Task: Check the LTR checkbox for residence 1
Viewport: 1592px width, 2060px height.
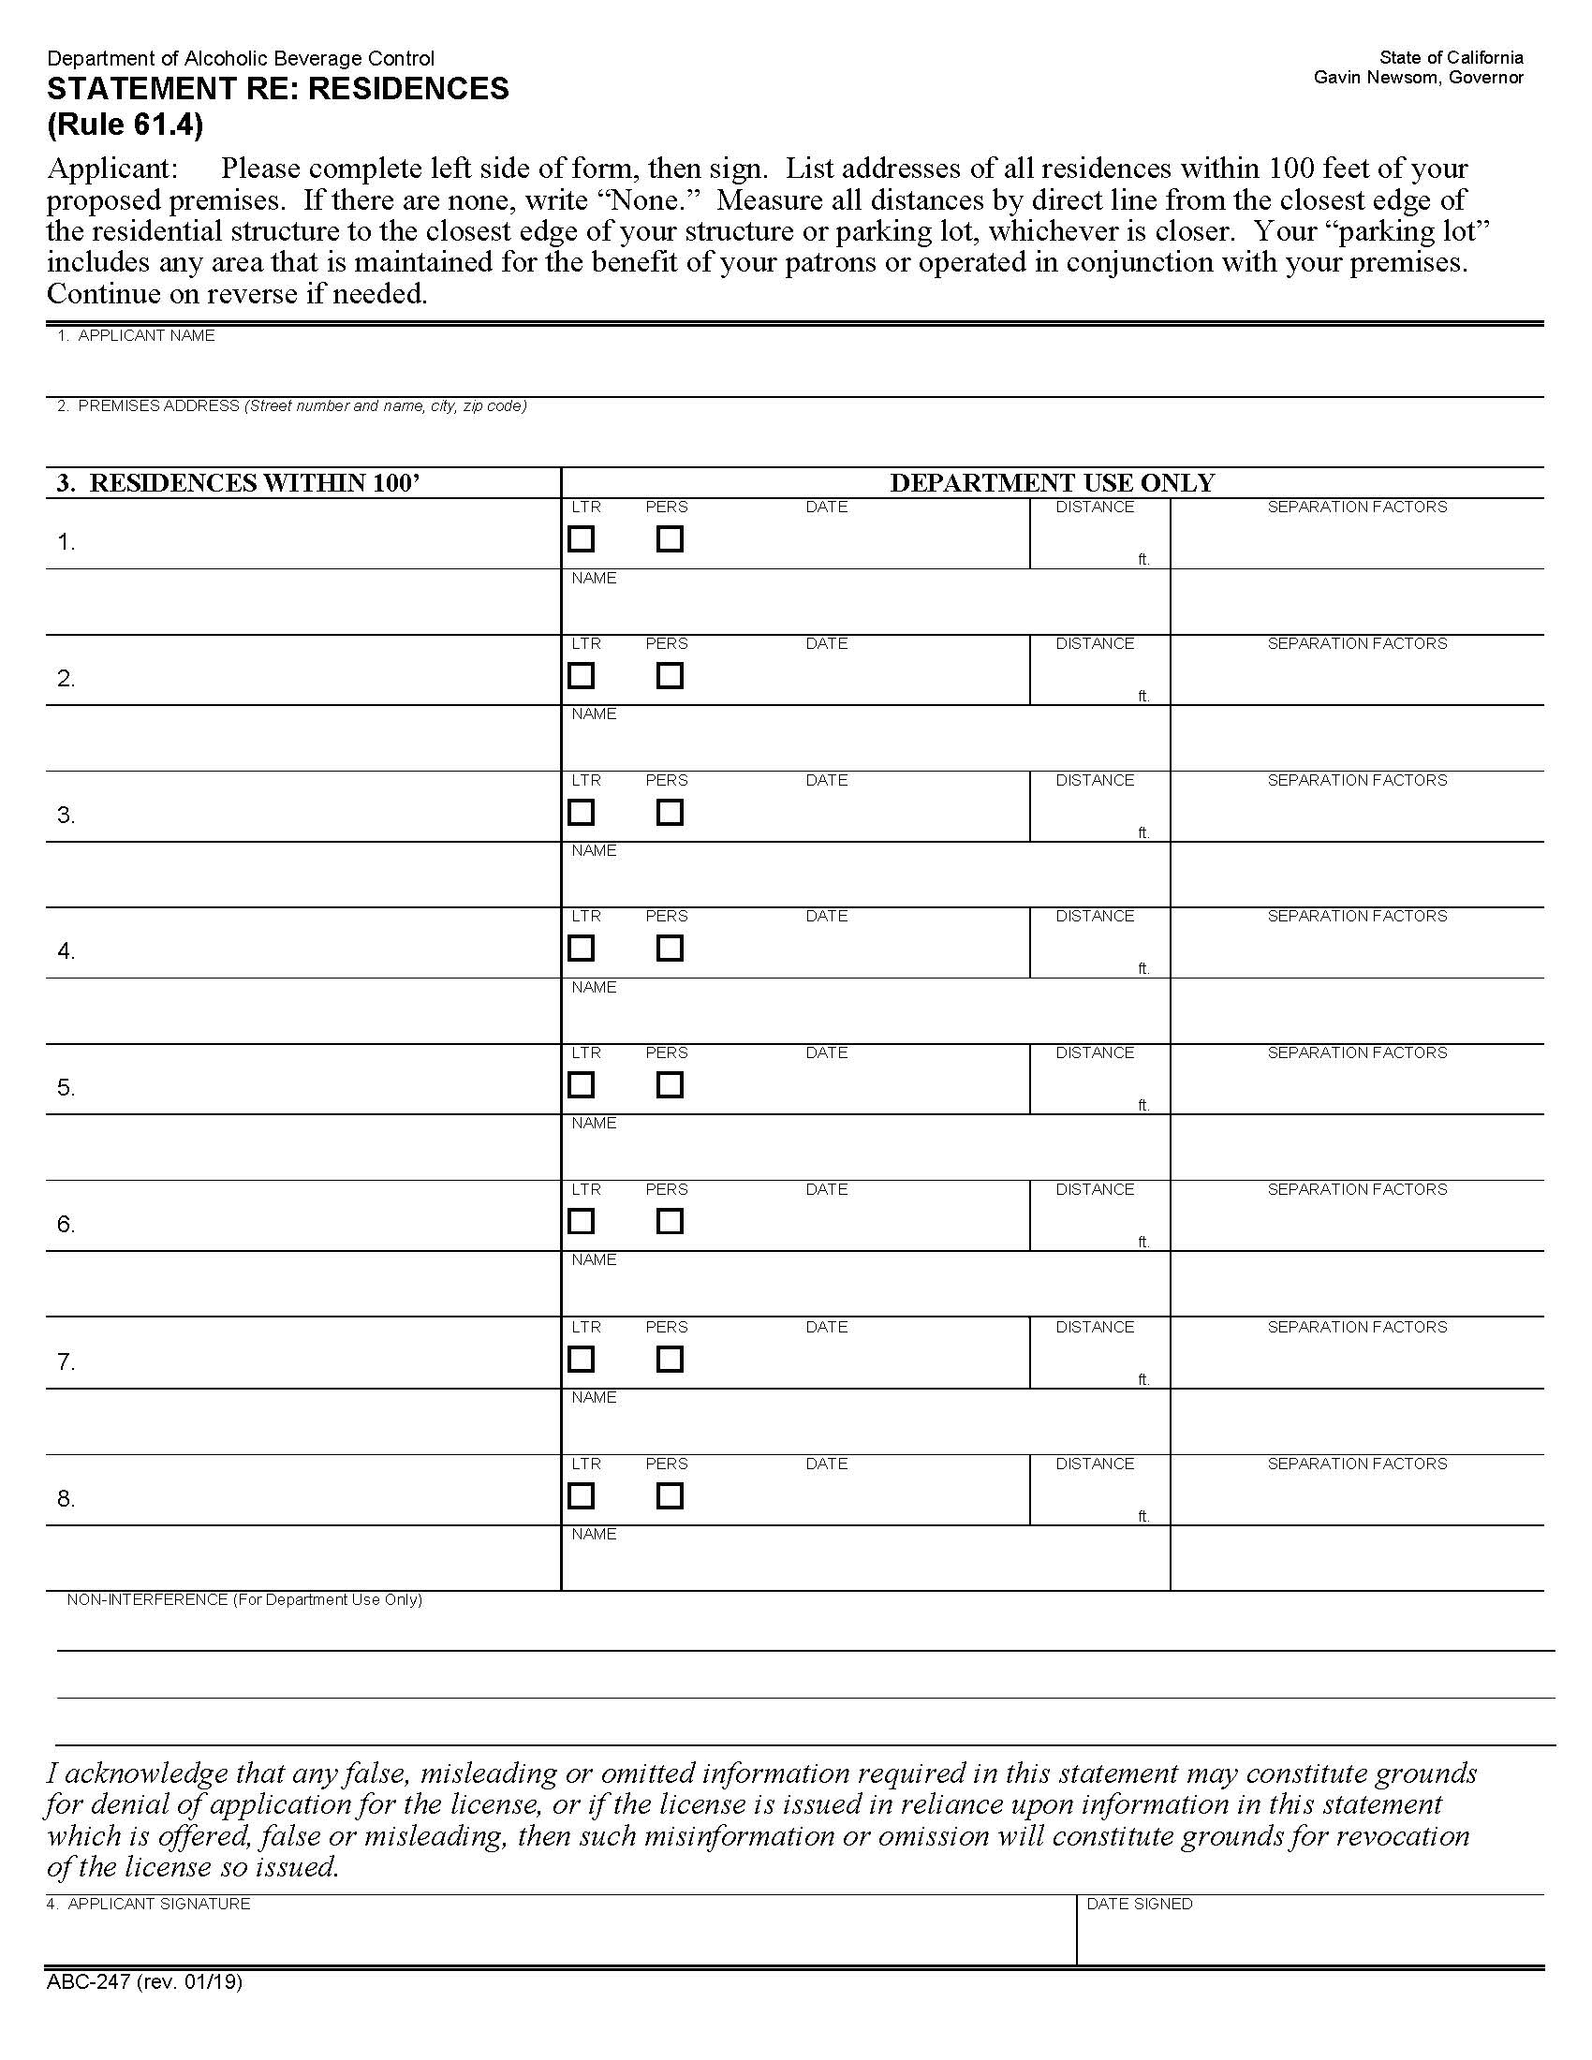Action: pyautogui.click(x=581, y=539)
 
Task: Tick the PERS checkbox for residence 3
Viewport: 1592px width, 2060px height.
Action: pyautogui.click(x=670, y=812)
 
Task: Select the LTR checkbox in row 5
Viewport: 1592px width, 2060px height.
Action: pyautogui.click(x=581, y=1084)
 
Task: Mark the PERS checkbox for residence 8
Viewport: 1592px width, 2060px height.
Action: pyautogui.click(x=670, y=1496)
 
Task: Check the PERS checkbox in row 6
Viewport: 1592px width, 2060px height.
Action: pyautogui.click(x=670, y=1221)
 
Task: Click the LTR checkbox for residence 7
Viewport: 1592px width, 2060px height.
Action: pyautogui.click(x=581, y=1360)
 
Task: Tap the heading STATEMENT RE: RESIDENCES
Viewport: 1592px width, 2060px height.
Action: pyautogui.click(x=277, y=89)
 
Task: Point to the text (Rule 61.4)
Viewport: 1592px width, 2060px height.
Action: pyautogui.click(x=125, y=125)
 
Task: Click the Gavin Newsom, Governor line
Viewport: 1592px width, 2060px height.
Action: pyautogui.click(x=1418, y=78)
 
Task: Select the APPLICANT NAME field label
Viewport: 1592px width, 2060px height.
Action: pyautogui.click(x=136, y=336)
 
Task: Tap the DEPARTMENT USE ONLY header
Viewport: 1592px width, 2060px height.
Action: pyautogui.click(x=1052, y=483)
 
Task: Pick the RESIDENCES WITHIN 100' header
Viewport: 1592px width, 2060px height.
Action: pyautogui.click(x=238, y=483)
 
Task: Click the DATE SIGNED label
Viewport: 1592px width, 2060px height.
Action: pyautogui.click(x=1140, y=1905)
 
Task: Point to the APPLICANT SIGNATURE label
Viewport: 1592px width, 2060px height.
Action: pyautogui.click(x=148, y=1905)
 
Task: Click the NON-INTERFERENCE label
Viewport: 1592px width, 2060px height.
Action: pyautogui.click(x=243, y=1599)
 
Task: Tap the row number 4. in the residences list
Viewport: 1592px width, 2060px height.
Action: pyautogui.click(x=66, y=950)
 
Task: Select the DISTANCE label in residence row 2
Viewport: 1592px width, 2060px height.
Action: pyautogui.click(x=1094, y=643)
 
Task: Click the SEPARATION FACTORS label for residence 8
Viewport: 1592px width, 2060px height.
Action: pyautogui.click(x=1356, y=1464)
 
